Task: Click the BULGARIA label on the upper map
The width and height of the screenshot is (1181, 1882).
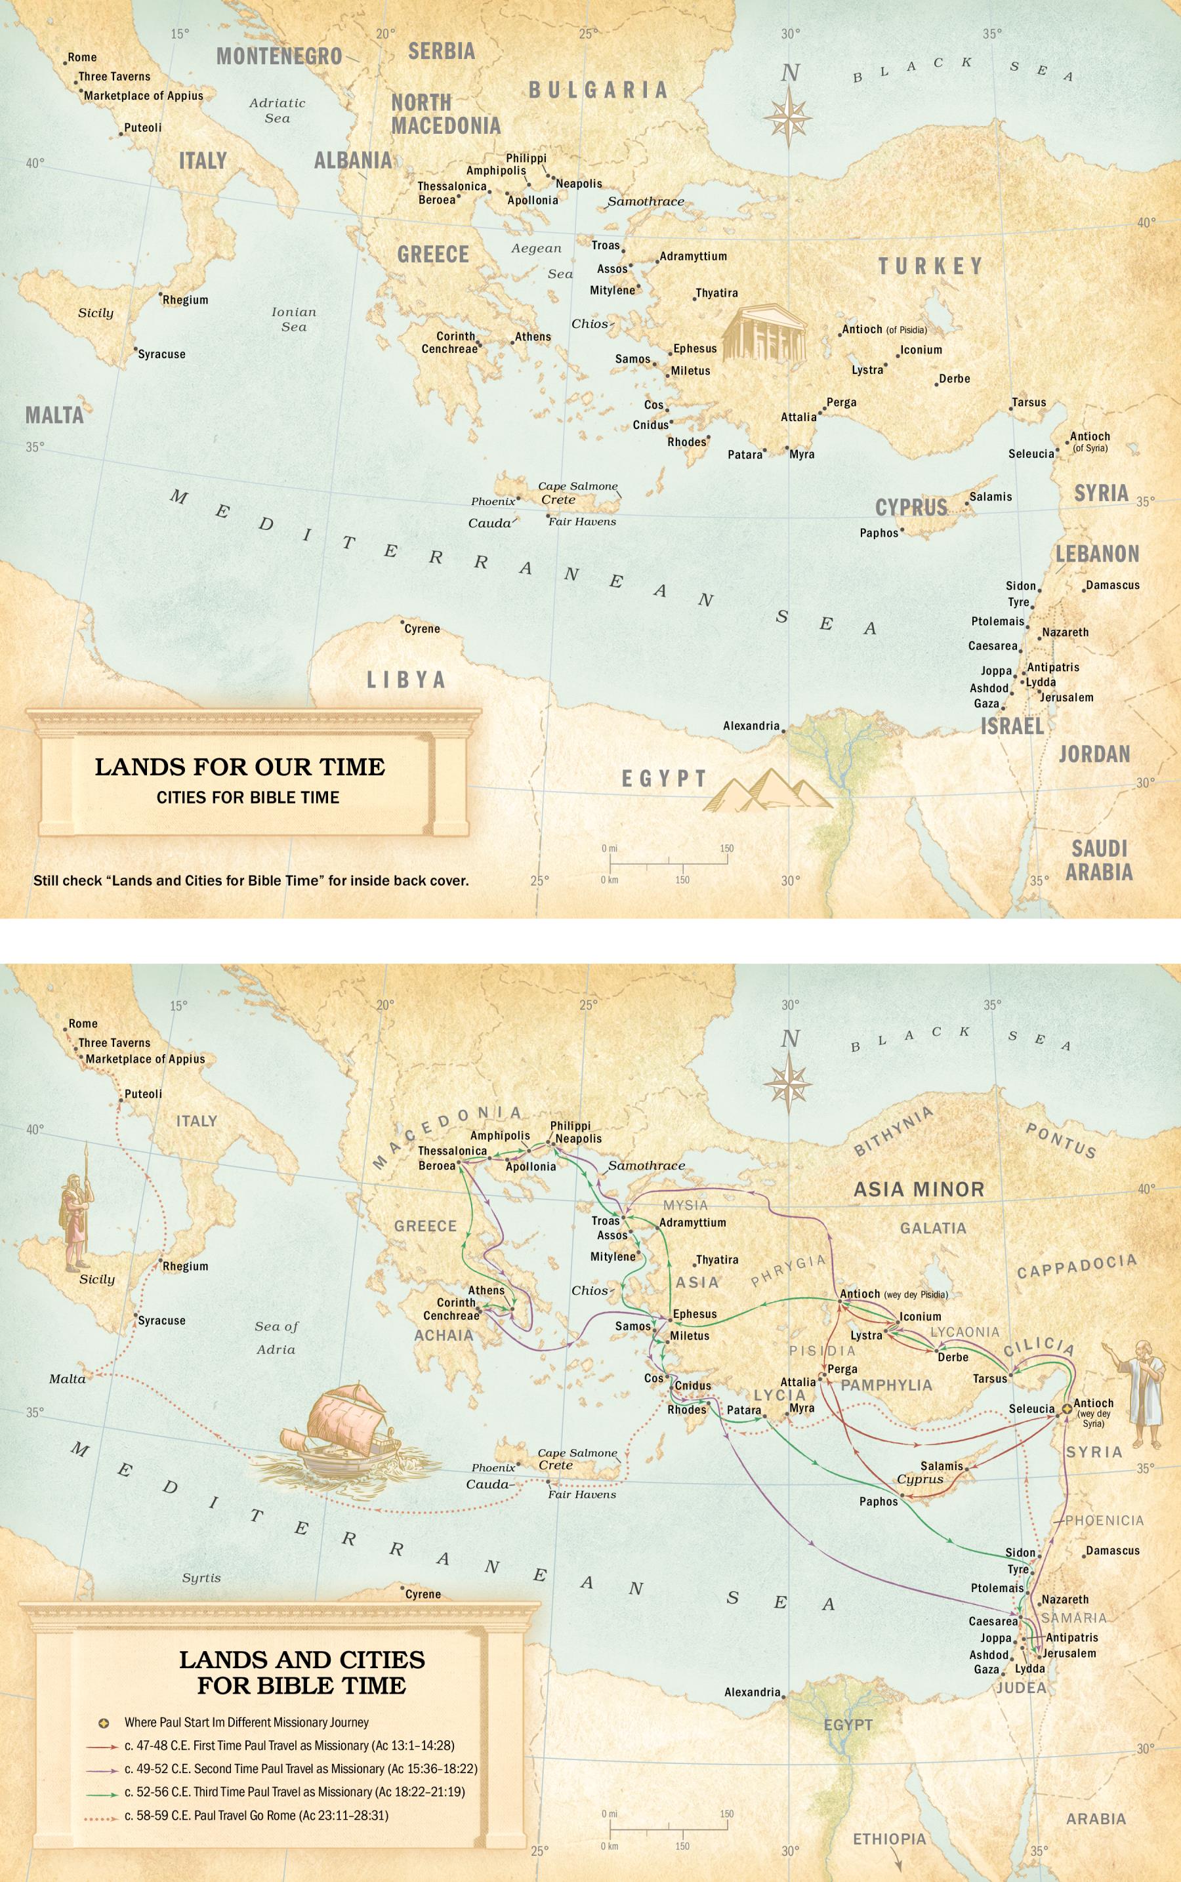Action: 598,90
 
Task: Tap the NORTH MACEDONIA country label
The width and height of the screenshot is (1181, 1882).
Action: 445,114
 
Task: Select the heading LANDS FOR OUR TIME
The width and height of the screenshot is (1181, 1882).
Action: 239,767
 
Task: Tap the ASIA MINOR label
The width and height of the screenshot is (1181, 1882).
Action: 919,1189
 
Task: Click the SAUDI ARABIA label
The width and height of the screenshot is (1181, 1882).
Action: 1098,860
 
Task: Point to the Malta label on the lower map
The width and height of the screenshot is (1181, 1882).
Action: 67,1379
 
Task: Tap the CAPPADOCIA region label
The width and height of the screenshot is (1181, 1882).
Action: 1076,1266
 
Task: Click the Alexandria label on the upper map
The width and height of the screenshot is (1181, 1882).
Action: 751,726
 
